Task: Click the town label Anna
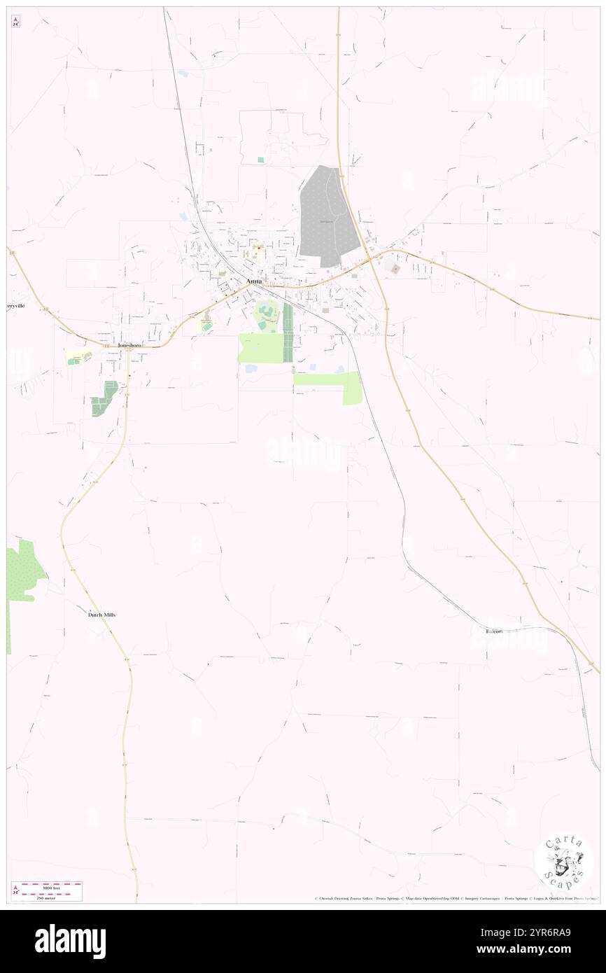(254, 281)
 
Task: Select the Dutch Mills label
(101, 615)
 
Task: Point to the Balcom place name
(494, 631)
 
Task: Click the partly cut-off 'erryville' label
(17, 306)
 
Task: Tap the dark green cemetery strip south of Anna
(288, 332)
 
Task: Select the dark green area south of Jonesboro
(104, 399)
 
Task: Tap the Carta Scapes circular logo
(563, 860)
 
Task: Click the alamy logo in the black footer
(70, 941)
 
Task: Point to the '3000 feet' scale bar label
(52, 888)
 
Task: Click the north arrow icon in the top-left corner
(15, 22)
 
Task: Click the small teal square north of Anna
(261, 160)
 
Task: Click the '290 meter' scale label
(52, 897)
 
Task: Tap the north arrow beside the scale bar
(15, 890)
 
